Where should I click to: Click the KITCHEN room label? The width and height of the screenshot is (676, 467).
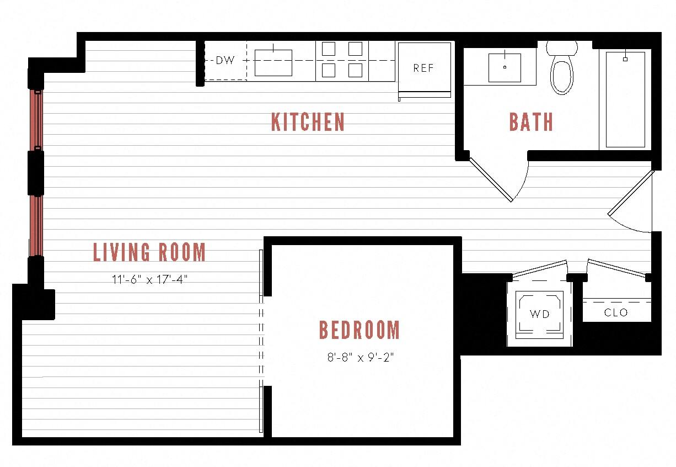pyautogui.click(x=308, y=122)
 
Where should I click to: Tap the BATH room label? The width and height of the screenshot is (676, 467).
pyautogui.click(x=530, y=122)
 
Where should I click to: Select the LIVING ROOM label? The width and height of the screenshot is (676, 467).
pyautogui.click(x=149, y=252)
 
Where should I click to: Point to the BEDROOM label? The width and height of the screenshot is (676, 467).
pyautogui.click(x=360, y=330)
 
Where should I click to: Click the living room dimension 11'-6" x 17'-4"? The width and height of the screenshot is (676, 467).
pyautogui.click(x=149, y=279)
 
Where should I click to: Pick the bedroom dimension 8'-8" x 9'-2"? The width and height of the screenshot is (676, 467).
pyautogui.click(x=360, y=357)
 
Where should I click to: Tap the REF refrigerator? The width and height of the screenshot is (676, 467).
pyautogui.click(x=423, y=68)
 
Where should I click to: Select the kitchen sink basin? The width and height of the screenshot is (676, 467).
pyautogui.click(x=273, y=62)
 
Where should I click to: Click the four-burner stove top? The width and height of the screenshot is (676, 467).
pyautogui.click(x=342, y=60)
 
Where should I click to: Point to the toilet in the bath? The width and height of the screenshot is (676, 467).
pyautogui.click(x=562, y=70)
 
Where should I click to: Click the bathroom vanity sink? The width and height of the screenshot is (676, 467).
pyautogui.click(x=505, y=67)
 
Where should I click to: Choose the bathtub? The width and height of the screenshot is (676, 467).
pyautogui.click(x=625, y=99)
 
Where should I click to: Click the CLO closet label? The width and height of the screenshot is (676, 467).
pyautogui.click(x=616, y=312)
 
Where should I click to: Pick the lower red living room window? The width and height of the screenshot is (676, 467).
pyautogui.click(x=36, y=225)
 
